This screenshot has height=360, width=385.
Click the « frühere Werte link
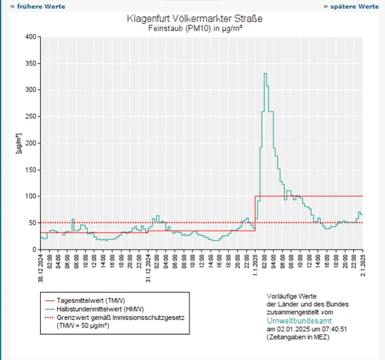click(x=37, y=7)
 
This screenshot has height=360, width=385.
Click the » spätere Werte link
click(x=351, y=7)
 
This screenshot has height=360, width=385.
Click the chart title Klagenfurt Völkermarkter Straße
click(x=195, y=18)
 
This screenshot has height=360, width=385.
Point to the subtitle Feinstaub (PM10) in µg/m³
click(x=195, y=28)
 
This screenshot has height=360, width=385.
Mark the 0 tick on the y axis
click(x=33, y=249)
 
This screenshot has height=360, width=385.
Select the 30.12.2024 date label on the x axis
click(x=41, y=266)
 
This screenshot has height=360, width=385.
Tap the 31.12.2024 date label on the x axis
click(x=148, y=266)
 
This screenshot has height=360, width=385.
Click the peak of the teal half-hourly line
click(x=265, y=73)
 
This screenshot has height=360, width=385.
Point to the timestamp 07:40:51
click(x=344, y=329)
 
